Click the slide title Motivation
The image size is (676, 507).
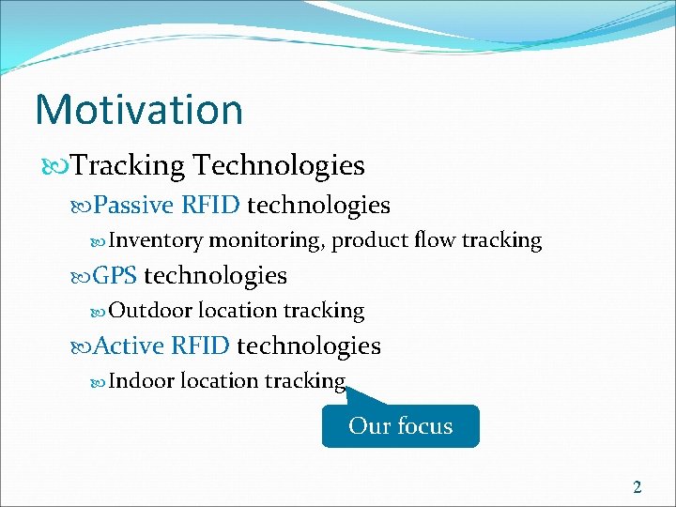(139, 109)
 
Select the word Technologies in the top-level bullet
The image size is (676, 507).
(278, 166)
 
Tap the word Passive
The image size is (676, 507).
(134, 205)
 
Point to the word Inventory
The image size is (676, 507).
(156, 240)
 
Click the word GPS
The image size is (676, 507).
(115, 275)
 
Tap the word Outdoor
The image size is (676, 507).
(150, 311)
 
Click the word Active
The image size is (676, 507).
(130, 346)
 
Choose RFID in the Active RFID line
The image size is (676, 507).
(200, 346)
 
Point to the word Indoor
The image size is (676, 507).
(141, 381)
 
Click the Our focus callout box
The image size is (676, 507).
(400, 426)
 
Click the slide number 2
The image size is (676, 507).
(638, 486)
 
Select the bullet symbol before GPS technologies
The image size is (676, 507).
(82, 276)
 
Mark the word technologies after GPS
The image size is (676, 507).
(215, 275)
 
